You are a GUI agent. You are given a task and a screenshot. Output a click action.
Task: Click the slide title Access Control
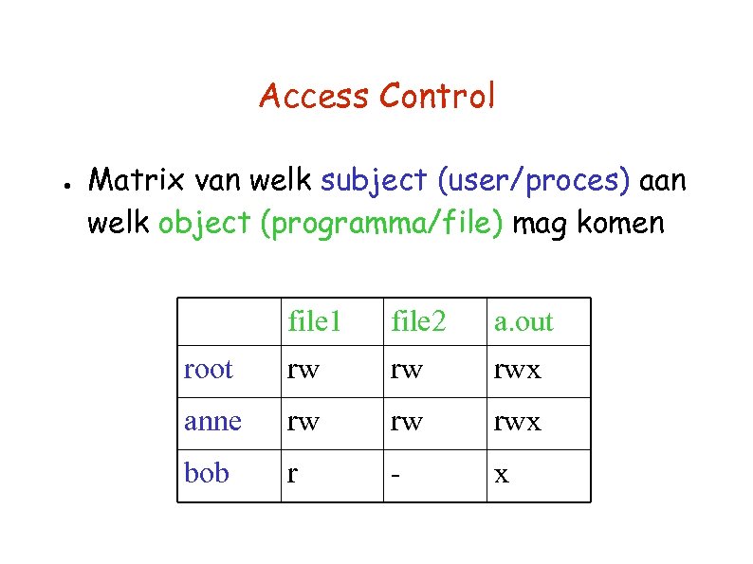tap(376, 96)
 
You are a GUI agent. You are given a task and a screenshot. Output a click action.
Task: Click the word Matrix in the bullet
tap(133, 179)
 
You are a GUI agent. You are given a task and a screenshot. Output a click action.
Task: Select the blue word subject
tap(376, 180)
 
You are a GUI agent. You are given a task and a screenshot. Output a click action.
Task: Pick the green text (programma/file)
tap(384, 226)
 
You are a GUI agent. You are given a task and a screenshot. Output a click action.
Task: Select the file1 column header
tap(314, 322)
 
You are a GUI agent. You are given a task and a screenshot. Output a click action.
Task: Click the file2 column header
tap(418, 322)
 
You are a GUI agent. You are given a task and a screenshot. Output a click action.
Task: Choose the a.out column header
tap(523, 323)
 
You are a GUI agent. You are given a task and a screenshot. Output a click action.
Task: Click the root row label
tap(209, 370)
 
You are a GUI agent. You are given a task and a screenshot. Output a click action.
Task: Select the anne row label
tap(213, 422)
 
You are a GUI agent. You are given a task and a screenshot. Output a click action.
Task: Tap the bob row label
tap(207, 472)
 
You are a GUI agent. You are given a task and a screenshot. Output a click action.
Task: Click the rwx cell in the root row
tap(518, 371)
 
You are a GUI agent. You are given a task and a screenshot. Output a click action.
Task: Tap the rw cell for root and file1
tap(303, 371)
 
